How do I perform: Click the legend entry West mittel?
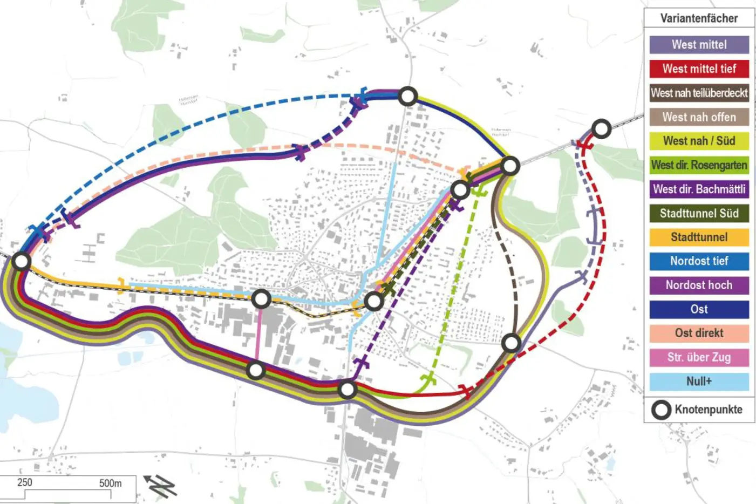click(x=699, y=45)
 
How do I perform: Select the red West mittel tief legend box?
click(x=699, y=69)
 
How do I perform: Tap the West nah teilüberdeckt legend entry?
click(x=699, y=93)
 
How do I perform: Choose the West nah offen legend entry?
click(x=699, y=117)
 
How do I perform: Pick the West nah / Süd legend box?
click(x=699, y=141)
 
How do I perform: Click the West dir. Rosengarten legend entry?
click(x=699, y=165)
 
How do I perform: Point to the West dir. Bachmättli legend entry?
click(x=699, y=189)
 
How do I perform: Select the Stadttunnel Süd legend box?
click(x=699, y=213)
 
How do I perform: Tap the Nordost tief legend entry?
click(x=699, y=261)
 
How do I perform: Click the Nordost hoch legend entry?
click(x=699, y=285)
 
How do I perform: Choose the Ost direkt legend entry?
click(x=699, y=333)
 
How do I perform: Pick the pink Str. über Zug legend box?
click(x=699, y=357)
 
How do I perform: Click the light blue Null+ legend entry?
click(x=699, y=382)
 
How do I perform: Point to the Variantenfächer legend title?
click(x=699, y=18)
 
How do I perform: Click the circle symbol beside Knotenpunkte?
click(x=661, y=410)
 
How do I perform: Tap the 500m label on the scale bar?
click(x=110, y=483)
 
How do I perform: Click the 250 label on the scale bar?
click(x=25, y=482)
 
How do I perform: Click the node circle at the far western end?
click(x=21, y=262)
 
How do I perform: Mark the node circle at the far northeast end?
click(x=601, y=129)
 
